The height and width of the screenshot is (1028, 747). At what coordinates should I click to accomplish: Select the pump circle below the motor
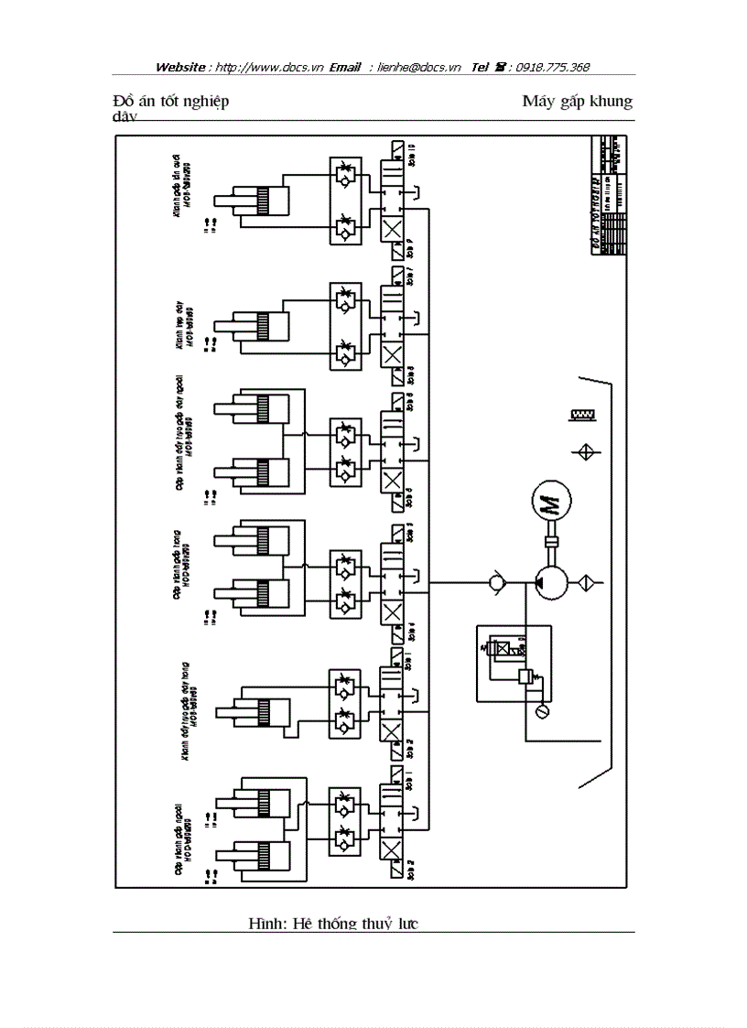(x=551, y=581)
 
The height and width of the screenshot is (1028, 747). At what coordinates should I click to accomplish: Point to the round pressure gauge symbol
(x=541, y=711)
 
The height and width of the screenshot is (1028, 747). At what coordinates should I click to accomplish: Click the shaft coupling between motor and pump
(x=551, y=543)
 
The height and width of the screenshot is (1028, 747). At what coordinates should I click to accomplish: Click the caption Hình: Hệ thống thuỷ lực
(x=333, y=924)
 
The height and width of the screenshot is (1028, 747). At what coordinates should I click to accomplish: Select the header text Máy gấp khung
(x=577, y=101)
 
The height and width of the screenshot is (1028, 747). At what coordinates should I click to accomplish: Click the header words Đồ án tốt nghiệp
(x=170, y=101)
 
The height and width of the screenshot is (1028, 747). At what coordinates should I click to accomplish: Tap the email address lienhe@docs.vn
(x=419, y=67)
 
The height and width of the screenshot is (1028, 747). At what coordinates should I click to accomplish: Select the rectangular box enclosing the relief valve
(x=513, y=663)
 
